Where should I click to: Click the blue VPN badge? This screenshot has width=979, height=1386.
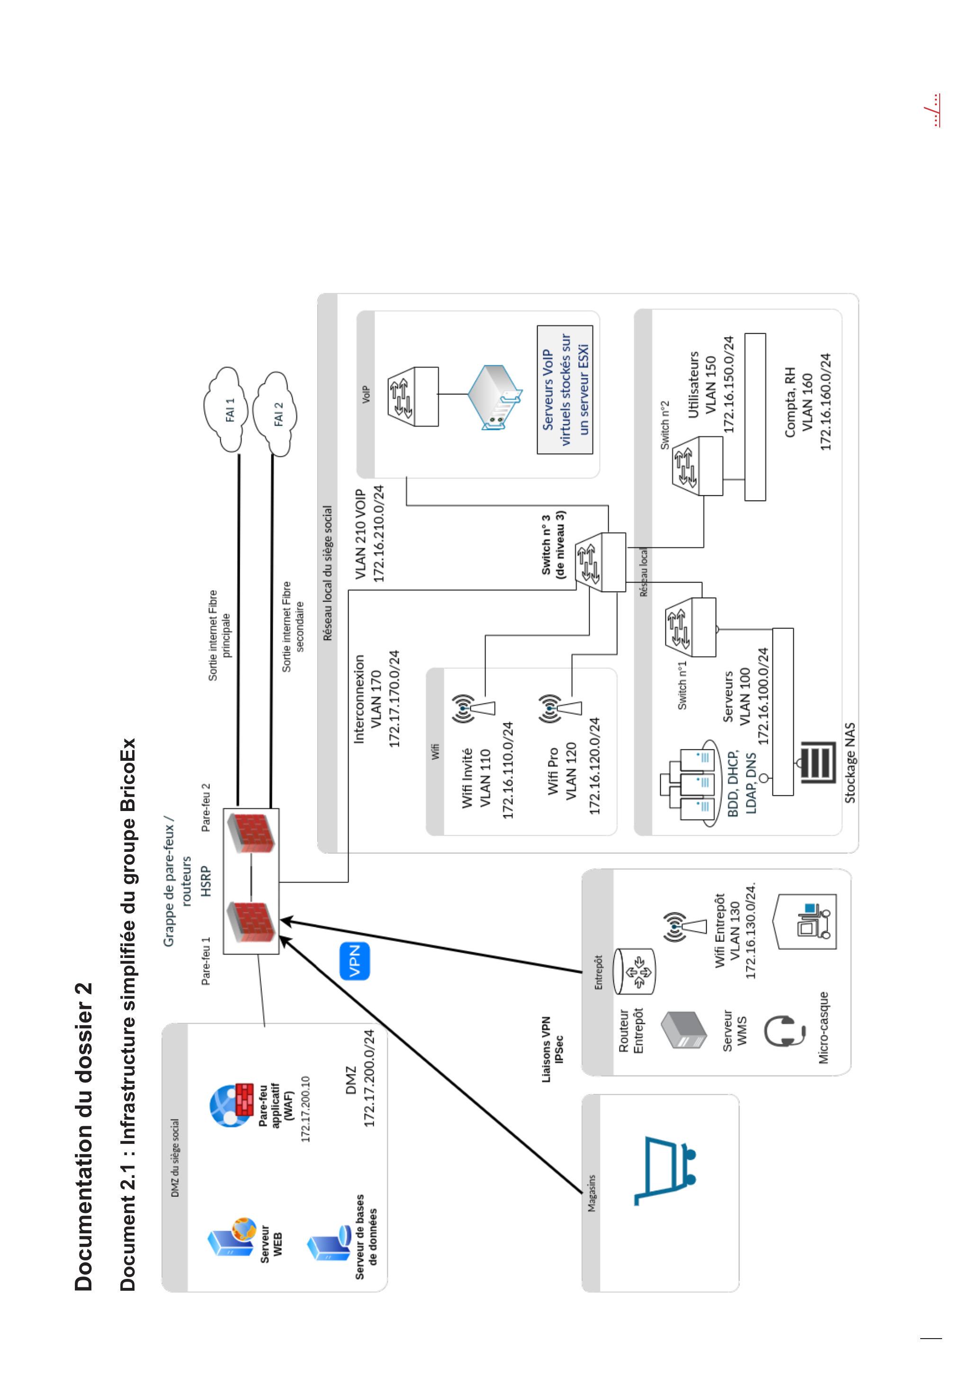[x=355, y=960]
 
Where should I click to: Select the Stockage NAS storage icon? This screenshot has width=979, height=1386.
[x=818, y=762]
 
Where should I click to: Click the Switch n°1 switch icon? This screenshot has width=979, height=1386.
[x=691, y=627]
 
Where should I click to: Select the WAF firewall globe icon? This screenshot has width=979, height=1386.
[x=232, y=1105]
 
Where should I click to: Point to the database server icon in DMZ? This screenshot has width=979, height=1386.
[x=329, y=1245]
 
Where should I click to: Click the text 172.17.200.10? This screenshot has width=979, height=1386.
[x=305, y=1109]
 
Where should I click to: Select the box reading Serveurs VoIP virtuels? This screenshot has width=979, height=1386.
[x=565, y=390]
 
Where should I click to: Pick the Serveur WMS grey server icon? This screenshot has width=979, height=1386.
[x=683, y=1030]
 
